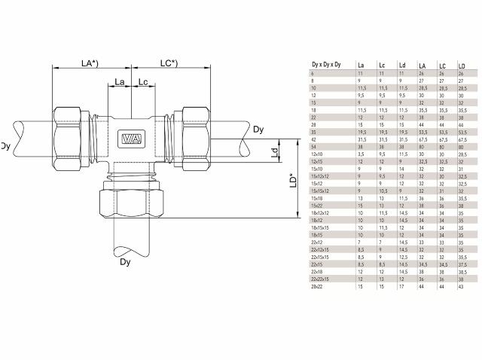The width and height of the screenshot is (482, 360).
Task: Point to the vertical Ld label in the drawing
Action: tap(275, 153)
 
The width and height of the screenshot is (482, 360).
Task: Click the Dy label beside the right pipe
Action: tap(258, 130)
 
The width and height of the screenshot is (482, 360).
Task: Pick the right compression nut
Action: tap(192, 133)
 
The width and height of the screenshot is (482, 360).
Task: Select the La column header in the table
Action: tap(361, 66)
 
